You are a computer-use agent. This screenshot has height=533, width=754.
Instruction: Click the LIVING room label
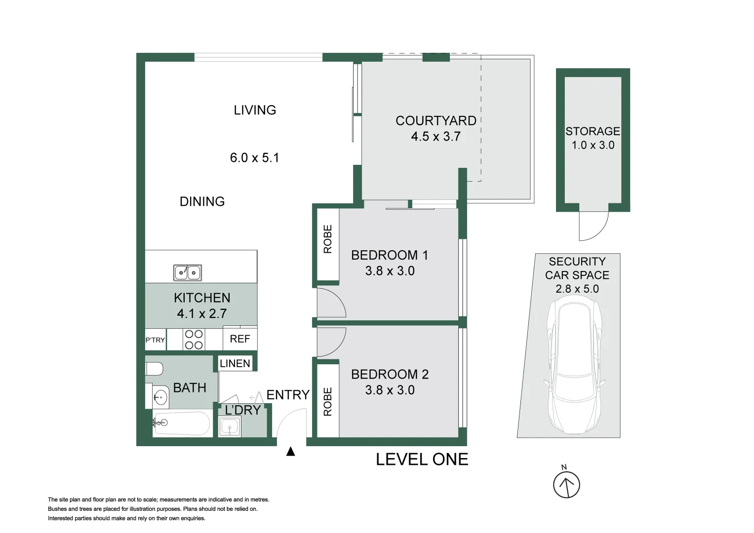point(255,110)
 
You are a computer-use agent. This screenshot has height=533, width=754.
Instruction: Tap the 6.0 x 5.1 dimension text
point(254,158)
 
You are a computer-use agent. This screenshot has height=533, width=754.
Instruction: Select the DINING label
point(202,201)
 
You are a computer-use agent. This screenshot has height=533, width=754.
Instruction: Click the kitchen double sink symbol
point(188,272)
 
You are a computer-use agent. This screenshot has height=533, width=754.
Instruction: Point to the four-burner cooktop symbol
point(194,340)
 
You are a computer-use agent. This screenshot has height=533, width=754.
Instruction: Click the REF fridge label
point(240,339)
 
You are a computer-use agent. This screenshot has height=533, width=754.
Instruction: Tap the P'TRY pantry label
point(155,340)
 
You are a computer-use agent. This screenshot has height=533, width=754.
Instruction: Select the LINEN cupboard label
point(235,364)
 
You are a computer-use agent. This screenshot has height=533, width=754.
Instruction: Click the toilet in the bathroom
point(154,369)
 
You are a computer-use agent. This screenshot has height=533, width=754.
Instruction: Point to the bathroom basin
point(159,396)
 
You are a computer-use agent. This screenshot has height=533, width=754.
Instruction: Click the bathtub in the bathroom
point(181,423)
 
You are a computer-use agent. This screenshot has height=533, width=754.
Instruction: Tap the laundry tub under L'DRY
point(230,427)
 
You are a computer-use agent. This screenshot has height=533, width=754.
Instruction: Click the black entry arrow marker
point(291,451)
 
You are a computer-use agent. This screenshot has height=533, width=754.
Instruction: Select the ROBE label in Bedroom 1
point(328,239)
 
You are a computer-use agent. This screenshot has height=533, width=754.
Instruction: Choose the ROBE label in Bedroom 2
point(328,401)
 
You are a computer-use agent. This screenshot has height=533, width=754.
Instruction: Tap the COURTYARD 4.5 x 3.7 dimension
point(436,137)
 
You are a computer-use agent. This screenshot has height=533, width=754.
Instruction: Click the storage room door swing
point(594,226)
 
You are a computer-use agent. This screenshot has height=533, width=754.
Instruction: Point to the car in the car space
point(575,368)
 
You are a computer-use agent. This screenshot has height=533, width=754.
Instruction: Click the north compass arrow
point(566,485)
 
